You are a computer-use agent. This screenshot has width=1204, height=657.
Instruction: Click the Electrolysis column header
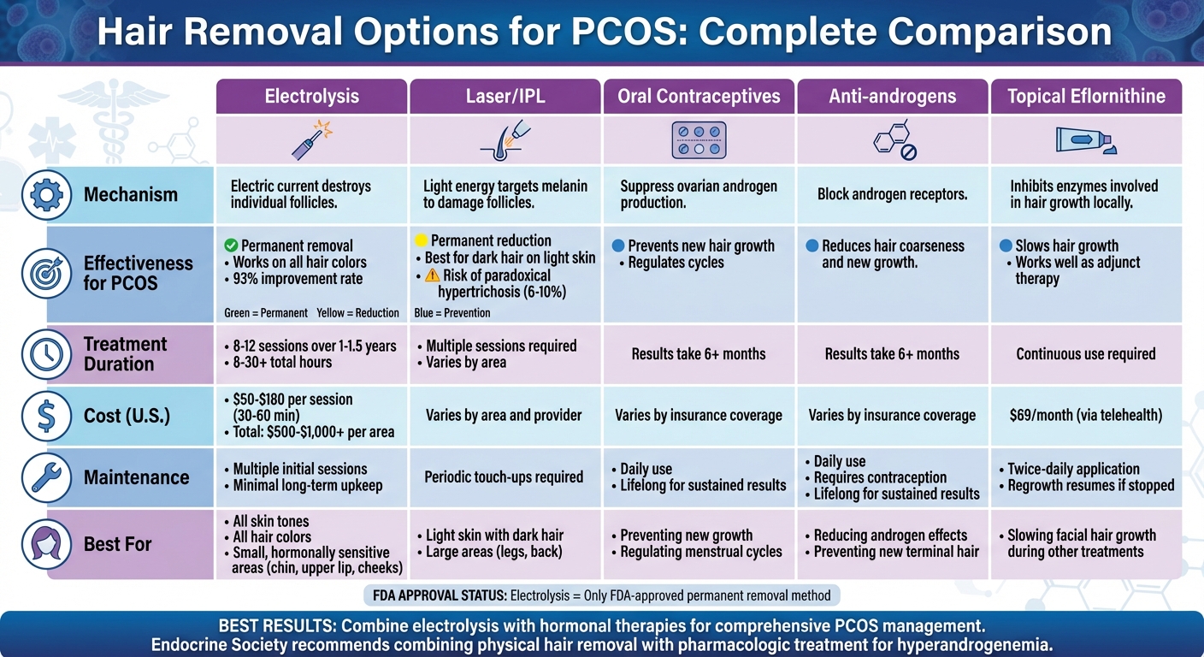[x=311, y=96]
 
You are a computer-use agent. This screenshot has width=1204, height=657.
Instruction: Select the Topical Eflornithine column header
[x=1086, y=96]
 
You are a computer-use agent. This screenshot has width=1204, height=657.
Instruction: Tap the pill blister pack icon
[x=699, y=140]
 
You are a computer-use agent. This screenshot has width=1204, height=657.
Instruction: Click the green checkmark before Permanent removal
[x=230, y=246]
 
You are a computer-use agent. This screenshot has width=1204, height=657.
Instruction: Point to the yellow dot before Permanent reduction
[x=420, y=240]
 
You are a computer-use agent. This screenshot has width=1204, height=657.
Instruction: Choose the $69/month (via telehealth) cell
[x=1086, y=416]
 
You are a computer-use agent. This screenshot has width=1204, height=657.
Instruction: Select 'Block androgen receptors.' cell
[x=892, y=194]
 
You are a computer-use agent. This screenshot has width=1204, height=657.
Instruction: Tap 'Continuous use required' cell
[x=1086, y=354]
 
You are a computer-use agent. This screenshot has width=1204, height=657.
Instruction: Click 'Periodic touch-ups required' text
[x=504, y=477]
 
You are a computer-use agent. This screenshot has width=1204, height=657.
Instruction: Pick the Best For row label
[x=117, y=544]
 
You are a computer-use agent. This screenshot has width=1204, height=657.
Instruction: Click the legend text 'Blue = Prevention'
[x=451, y=313]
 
